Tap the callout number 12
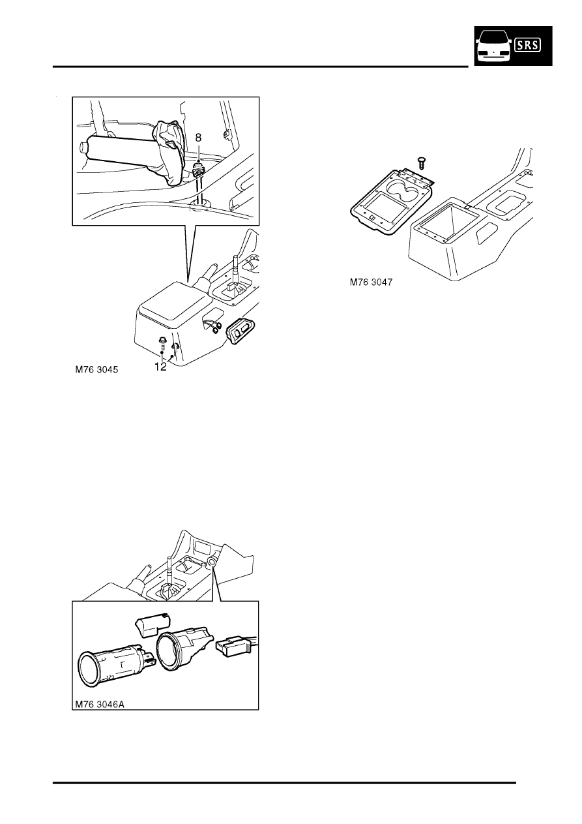coord(160,367)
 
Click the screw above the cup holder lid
coord(420,162)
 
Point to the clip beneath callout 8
coord(199,171)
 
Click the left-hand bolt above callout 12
coord(160,342)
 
